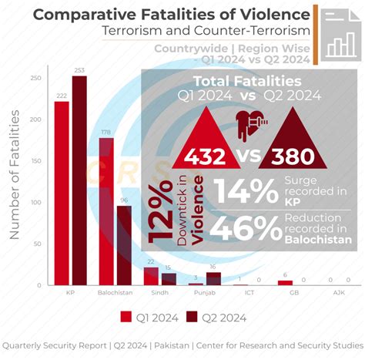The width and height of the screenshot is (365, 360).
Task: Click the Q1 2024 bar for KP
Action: [62, 193]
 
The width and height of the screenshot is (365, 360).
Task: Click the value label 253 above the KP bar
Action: [79, 70]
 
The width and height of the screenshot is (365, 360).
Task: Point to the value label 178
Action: [106, 132]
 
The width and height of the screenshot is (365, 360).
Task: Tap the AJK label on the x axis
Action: [340, 294]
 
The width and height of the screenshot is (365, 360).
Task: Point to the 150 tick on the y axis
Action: [36, 161]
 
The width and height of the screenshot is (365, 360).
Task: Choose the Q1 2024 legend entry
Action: [152, 316]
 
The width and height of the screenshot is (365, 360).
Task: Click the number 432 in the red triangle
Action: [204, 156]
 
